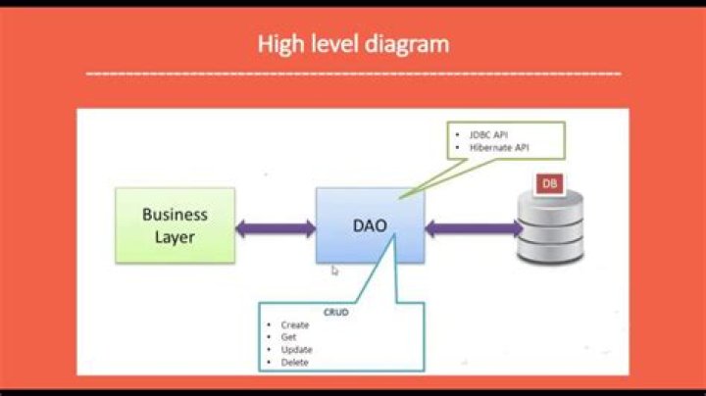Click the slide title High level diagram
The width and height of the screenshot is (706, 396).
(353, 43)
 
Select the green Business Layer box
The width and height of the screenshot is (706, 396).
(175, 225)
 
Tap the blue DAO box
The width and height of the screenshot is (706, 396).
(370, 225)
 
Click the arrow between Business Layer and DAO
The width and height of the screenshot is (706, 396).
(275, 228)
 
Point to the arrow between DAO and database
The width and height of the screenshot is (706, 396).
(474, 228)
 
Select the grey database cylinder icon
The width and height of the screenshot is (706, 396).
(549, 228)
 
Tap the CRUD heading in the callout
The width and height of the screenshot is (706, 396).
(336, 312)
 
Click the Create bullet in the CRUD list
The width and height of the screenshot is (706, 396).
(294, 324)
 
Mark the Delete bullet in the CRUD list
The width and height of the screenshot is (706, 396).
(293, 363)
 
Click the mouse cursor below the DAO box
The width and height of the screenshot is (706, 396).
(334, 271)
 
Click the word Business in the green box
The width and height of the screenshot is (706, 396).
(175, 215)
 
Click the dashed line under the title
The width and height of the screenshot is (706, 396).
(353, 73)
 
